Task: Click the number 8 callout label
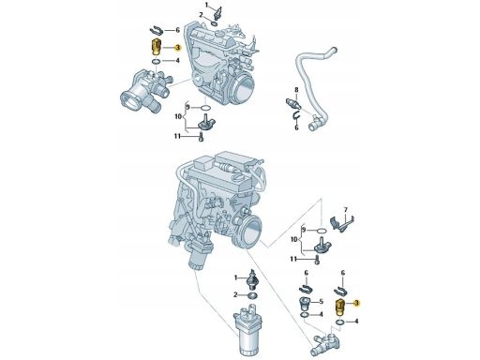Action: [296, 90]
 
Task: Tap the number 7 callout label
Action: [345, 210]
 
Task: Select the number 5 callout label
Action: [321, 302]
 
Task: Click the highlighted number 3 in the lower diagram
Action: [356, 303]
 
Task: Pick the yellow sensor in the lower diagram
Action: [339, 307]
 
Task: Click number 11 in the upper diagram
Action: [177, 136]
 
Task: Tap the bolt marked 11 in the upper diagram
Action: [201, 137]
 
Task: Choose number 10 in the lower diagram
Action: [294, 240]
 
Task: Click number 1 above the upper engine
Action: [206, 5]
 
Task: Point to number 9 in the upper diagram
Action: [187, 107]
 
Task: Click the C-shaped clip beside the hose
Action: [296, 116]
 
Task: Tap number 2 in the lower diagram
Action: [236, 294]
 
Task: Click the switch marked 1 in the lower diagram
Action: [252, 278]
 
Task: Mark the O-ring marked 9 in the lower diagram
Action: [322, 231]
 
